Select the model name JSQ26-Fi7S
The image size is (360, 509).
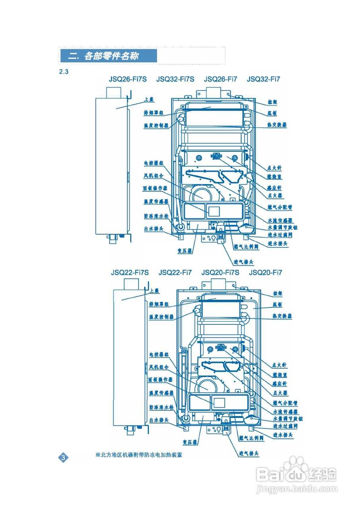click(x=127, y=79)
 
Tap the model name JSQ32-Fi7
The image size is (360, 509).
click(x=263, y=79)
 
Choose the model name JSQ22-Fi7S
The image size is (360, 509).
click(x=130, y=273)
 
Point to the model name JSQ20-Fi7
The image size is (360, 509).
click(x=265, y=273)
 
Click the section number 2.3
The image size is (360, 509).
click(x=64, y=72)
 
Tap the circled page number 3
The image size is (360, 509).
click(x=64, y=457)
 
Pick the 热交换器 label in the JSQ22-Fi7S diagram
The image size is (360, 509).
click(x=282, y=316)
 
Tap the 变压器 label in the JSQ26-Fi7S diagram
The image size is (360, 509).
click(x=185, y=251)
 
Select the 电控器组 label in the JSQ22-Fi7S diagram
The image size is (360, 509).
click(x=159, y=354)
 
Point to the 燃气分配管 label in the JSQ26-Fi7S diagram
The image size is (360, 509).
click(x=280, y=207)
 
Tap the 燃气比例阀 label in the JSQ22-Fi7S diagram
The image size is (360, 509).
click(x=251, y=438)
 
